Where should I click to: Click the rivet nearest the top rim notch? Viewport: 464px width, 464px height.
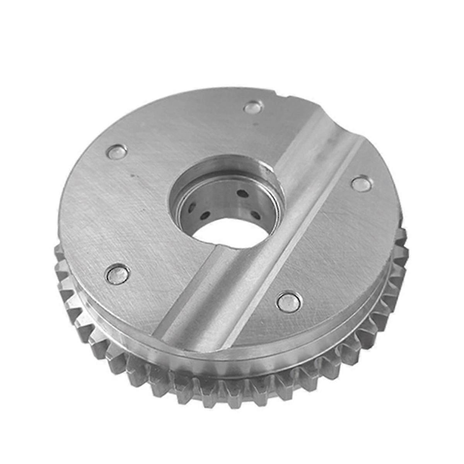253,107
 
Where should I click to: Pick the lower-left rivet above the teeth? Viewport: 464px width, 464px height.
118,274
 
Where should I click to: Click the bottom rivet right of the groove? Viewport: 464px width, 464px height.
289,301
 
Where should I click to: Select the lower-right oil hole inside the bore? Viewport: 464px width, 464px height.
255,214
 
